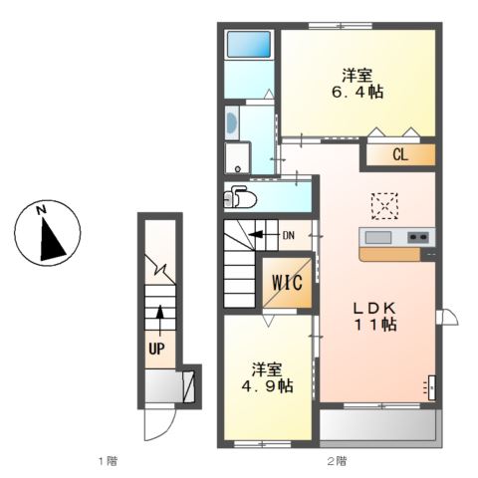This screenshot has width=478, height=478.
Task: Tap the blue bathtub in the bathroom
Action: (x=248, y=45)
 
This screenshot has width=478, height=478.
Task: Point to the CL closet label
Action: (x=399, y=155)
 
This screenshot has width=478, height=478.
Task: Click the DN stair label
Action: (x=289, y=236)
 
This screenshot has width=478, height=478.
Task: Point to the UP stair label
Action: (x=157, y=349)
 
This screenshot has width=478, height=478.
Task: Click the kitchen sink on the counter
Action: (x=379, y=237)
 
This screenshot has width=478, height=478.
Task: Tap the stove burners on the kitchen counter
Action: (x=418, y=237)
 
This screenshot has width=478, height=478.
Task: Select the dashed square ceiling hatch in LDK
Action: (x=383, y=204)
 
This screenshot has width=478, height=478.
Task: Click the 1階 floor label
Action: (x=108, y=460)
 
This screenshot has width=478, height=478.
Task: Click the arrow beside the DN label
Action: (x=263, y=236)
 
